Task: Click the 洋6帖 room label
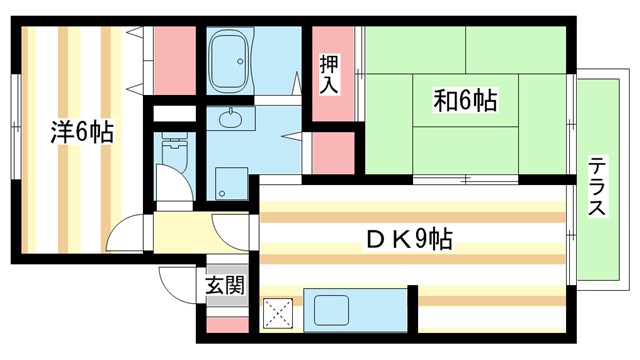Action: [82, 131]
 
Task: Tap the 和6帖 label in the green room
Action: [465, 100]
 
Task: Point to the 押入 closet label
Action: [329, 75]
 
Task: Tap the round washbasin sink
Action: [233, 120]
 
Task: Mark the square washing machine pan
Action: [232, 183]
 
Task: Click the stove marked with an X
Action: [277, 314]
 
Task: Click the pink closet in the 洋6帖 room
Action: [174, 60]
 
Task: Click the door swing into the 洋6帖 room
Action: [128, 235]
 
